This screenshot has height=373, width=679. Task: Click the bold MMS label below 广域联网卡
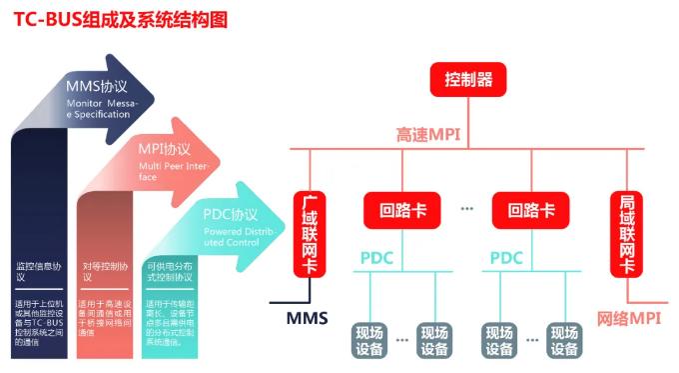(x=307, y=319)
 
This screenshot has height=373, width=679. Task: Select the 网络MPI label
(x=631, y=319)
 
